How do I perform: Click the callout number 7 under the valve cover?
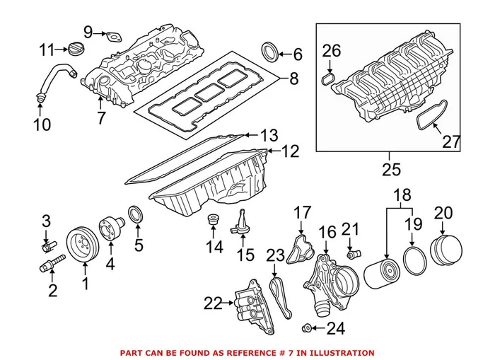pyautogui.click(x=101, y=117)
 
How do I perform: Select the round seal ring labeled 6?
pyautogui.click(x=270, y=52)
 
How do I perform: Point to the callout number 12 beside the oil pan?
pyautogui.click(x=290, y=151)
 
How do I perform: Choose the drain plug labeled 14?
pyautogui.click(x=211, y=221)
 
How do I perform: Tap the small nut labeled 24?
pyautogui.click(x=308, y=327)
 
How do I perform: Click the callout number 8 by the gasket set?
pyautogui.click(x=293, y=80)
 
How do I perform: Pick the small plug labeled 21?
pyautogui.click(x=351, y=252)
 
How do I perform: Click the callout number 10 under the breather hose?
pyautogui.click(x=42, y=125)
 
